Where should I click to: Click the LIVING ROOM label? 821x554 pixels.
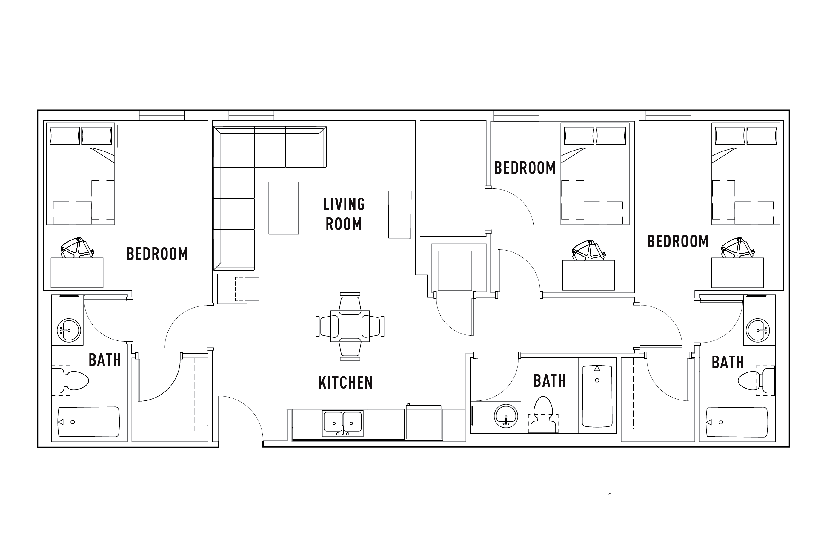click(344, 214)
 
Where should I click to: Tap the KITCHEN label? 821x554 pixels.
click(345, 383)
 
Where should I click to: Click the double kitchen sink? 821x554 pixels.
click(342, 423)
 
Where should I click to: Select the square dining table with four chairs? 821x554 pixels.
click(350, 326)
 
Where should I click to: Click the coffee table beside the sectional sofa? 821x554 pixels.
click(284, 208)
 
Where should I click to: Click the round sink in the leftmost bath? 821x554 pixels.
click(69, 330)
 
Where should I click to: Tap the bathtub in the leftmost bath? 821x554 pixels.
click(89, 422)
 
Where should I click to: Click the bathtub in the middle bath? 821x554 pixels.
click(597, 396)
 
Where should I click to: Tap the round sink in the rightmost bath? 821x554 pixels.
click(758, 330)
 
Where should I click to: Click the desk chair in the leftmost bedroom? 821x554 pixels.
click(77, 247)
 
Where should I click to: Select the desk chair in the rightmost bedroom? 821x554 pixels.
click(738, 248)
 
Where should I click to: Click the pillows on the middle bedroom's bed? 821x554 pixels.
click(595, 136)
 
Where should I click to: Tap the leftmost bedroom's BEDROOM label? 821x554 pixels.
click(157, 254)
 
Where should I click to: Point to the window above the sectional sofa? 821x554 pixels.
click(251, 115)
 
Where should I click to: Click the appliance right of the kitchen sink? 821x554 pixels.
click(423, 423)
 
